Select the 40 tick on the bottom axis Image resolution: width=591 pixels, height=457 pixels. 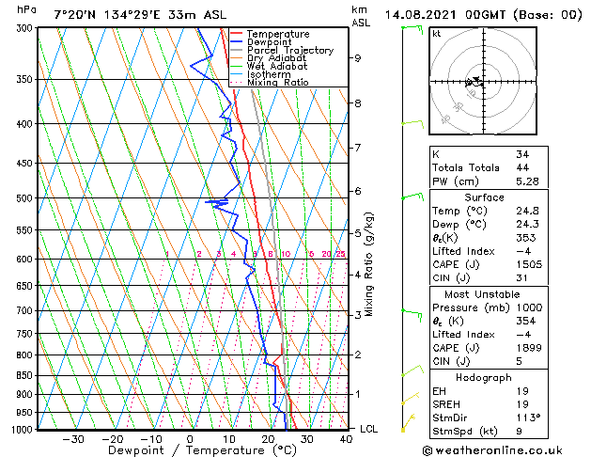pyautogui.click(x=346, y=438)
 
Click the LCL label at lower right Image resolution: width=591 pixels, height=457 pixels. pyautogui.click(x=370, y=429)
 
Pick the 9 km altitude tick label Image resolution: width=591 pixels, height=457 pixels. pyautogui.click(x=357, y=58)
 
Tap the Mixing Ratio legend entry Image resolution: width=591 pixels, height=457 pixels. pyautogui.click(x=277, y=83)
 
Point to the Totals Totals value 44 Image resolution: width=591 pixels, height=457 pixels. pyautogui.click(x=522, y=167)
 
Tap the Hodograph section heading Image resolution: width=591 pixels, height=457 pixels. pyautogui.click(x=484, y=377)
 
